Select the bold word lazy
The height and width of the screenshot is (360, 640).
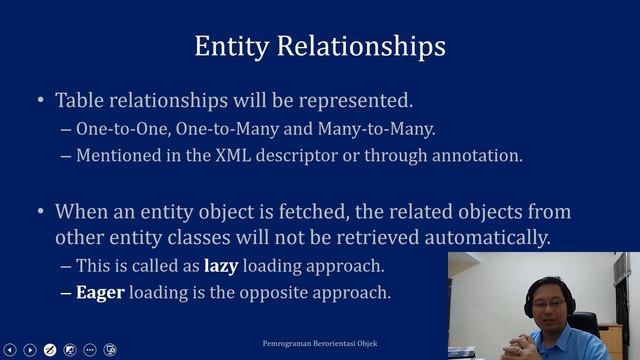[x=223, y=266]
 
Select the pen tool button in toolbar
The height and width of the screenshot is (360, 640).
[x=50, y=350]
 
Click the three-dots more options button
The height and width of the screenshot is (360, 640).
[x=90, y=350]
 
